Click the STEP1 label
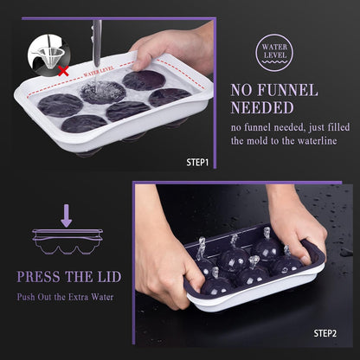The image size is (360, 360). pos(197,162)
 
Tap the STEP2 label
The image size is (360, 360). pos(325,333)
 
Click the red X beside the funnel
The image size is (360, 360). pos(63,71)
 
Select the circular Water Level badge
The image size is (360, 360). pos(274,53)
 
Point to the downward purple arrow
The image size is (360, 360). pos(67,215)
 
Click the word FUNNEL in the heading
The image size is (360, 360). pos(287,90)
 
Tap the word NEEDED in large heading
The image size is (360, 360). pos(262,108)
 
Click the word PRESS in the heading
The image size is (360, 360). pos(38,277)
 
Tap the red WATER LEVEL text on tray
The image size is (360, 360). pos(99,72)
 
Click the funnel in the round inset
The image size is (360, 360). pos(51,55)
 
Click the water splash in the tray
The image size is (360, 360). pos(103,91)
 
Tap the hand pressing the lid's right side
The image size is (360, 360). pos(296,225)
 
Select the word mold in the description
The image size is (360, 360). pos(260,141)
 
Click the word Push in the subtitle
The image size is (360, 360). pos(26,297)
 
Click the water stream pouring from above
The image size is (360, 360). pos(97,43)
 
